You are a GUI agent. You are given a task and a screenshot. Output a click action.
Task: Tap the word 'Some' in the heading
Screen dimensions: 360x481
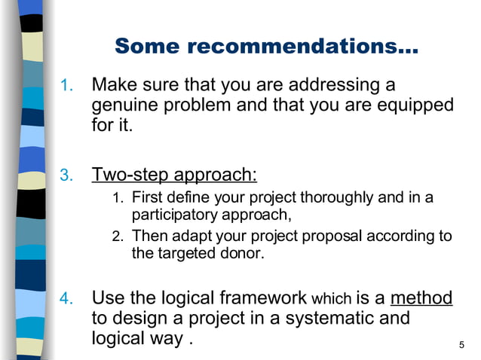[148, 47]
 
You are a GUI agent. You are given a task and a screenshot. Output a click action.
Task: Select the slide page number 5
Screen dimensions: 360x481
[461, 345]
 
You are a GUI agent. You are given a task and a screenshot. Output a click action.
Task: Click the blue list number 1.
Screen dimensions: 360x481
[66, 84]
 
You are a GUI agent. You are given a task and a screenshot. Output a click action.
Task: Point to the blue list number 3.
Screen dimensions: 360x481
[66, 177]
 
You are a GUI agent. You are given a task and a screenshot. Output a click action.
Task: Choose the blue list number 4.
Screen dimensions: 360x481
[66, 299]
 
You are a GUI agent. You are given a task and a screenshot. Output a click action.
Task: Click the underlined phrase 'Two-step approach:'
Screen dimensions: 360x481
[174, 175]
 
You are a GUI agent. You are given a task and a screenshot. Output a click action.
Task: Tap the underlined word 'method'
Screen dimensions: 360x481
[421, 297]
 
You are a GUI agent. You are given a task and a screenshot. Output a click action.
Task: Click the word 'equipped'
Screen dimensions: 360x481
[418, 105]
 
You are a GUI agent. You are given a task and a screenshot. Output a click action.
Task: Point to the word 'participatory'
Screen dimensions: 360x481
[173, 215]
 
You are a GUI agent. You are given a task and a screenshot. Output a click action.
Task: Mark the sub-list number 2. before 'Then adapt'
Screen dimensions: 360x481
[117, 236]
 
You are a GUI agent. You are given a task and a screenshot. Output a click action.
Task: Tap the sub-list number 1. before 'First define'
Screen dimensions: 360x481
[117, 199]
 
